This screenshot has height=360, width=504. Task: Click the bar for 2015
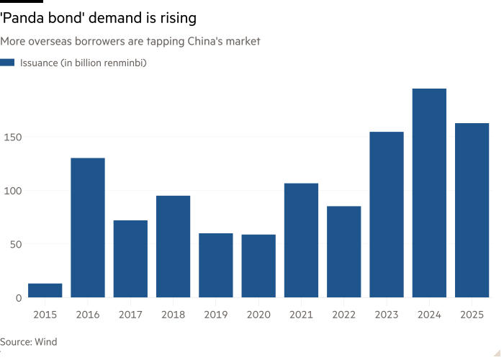pyautogui.click(x=45, y=290)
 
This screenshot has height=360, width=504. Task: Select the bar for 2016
pyautogui.click(x=88, y=228)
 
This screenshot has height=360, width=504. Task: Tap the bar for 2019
pyautogui.click(x=216, y=265)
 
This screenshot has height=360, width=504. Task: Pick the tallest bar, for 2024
pyautogui.click(x=429, y=193)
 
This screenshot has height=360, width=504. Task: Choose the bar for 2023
pyautogui.click(x=387, y=215)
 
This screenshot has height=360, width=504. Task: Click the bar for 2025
pyautogui.click(x=472, y=210)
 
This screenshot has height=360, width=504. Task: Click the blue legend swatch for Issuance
pyautogui.click(x=8, y=63)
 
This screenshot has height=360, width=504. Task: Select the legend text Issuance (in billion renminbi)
pyautogui.click(x=84, y=63)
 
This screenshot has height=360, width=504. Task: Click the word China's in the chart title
pyautogui.click(x=203, y=42)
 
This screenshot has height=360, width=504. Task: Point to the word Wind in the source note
pyautogui.click(x=45, y=342)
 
